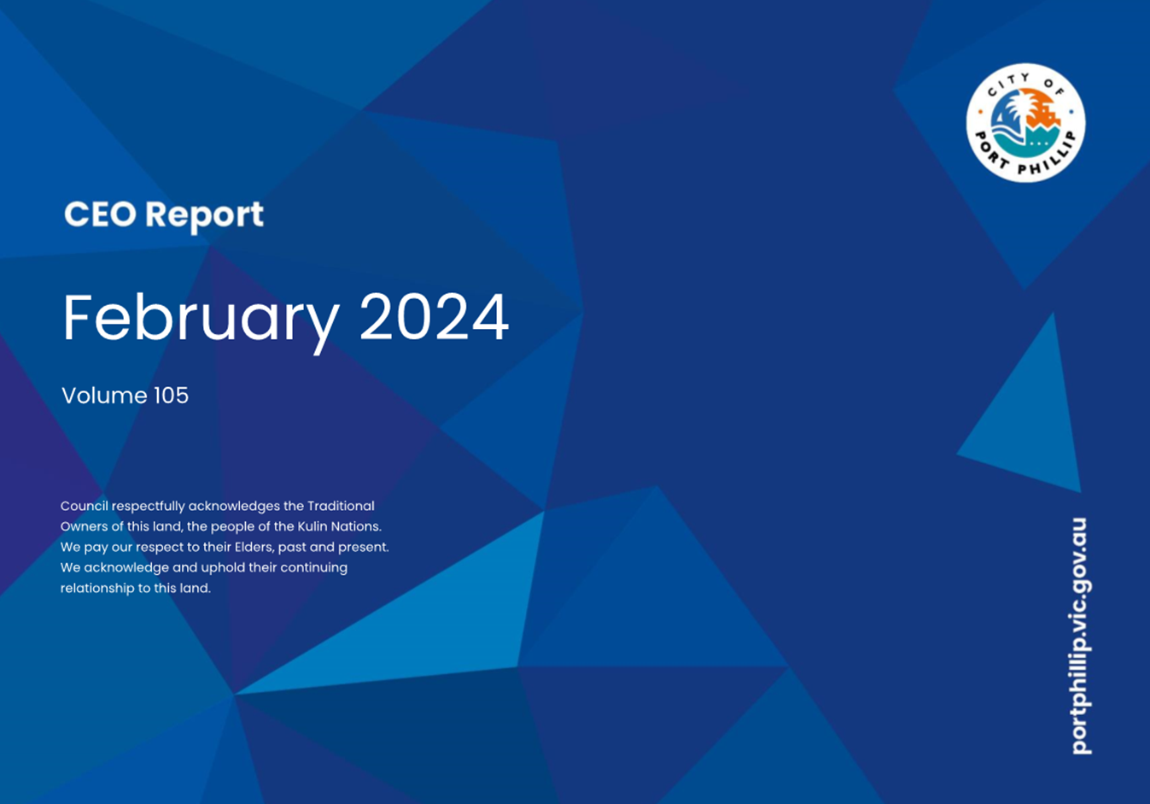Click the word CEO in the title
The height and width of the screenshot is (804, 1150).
[x=101, y=214]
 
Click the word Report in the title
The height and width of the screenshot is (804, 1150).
[x=204, y=216]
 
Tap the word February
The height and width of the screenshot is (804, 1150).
[x=201, y=320]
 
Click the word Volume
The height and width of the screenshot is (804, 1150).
[x=104, y=396]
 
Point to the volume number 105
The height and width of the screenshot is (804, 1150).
[x=172, y=396]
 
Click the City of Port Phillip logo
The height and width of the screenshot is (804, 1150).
[x=1025, y=123]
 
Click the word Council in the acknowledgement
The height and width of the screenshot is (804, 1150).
[x=85, y=506]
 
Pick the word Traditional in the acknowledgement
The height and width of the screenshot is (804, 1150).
[x=341, y=506]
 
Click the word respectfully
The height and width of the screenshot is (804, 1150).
[x=148, y=507]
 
